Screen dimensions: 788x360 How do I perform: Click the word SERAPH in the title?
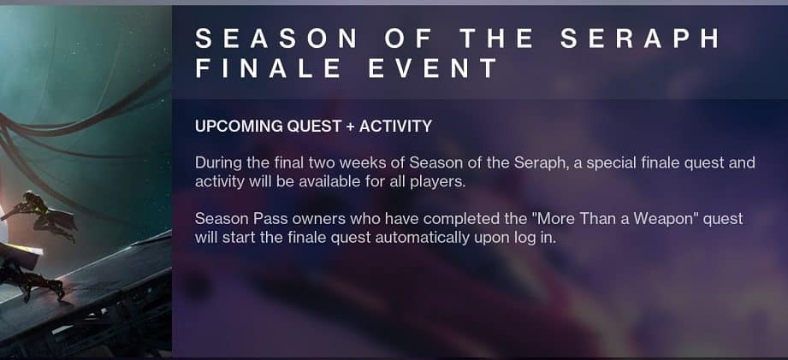[642, 39]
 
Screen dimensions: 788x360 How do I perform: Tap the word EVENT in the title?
[433, 68]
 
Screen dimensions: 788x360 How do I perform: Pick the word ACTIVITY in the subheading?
[395, 127]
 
